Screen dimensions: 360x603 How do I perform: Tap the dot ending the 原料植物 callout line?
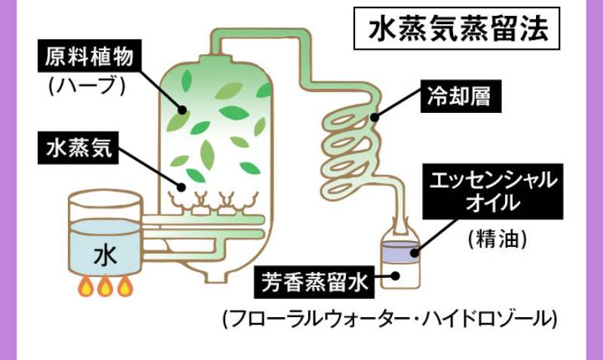[182, 109]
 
